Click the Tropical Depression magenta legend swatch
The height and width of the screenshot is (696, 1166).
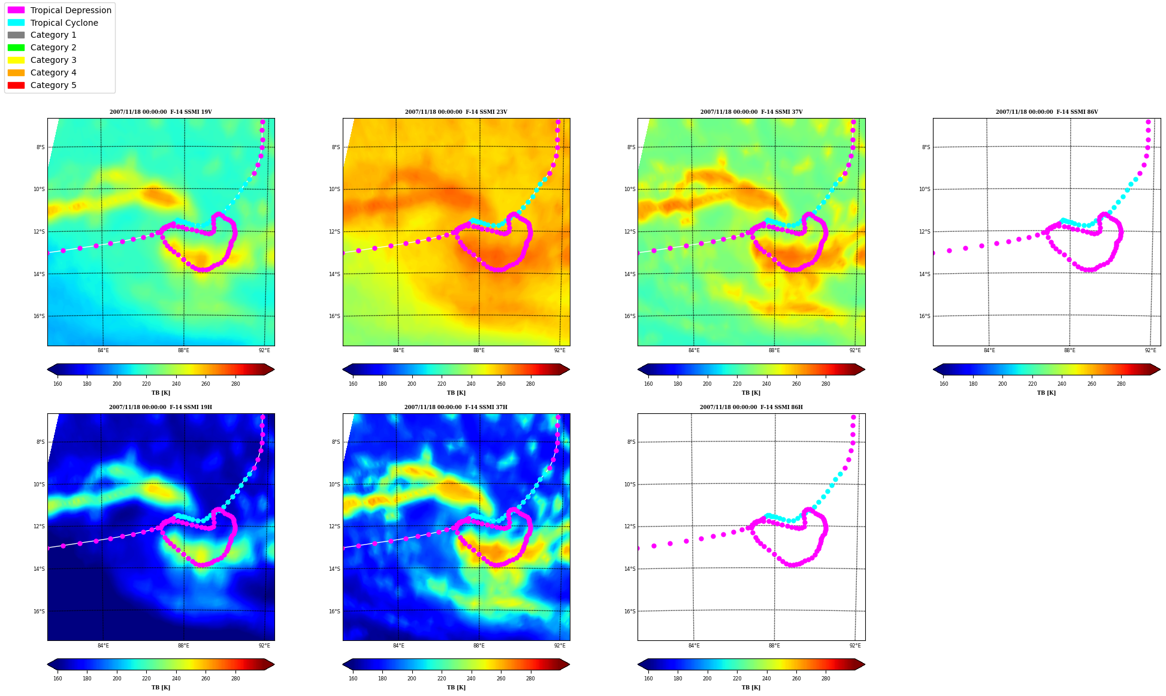tap(16, 10)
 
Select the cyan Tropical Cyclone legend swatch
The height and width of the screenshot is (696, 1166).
tap(16, 23)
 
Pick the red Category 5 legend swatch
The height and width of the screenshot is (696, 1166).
tap(16, 85)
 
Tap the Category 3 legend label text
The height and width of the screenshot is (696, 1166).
tap(53, 60)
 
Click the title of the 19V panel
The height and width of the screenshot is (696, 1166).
tap(161, 112)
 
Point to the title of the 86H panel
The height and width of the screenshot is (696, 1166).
tap(751, 407)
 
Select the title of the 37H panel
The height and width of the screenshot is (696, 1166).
tap(456, 407)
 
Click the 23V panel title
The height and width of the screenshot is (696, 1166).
tap(456, 112)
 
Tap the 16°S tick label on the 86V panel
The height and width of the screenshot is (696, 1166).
tap(925, 316)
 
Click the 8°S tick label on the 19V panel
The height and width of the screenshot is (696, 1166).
tap(40, 147)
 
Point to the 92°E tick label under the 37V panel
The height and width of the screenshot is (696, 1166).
tap(855, 350)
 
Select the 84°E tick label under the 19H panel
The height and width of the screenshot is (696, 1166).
tap(103, 646)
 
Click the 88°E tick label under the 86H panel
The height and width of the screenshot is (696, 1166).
tap(774, 646)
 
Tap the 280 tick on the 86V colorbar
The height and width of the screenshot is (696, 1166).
tap(1121, 384)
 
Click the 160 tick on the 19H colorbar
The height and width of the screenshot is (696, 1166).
tap(58, 679)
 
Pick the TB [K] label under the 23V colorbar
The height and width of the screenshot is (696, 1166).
tap(456, 393)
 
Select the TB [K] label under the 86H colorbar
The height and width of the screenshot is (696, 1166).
tap(751, 688)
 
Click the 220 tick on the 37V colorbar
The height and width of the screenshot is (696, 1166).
tap(737, 384)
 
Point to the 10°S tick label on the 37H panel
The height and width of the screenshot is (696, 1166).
tap(334, 485)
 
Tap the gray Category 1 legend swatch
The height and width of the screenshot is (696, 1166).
tap(16, 35)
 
